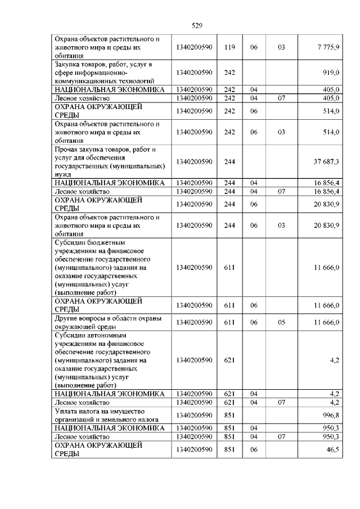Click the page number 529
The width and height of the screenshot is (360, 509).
196,25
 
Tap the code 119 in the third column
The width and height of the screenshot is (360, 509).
229,48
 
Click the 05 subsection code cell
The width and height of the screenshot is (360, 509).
281,322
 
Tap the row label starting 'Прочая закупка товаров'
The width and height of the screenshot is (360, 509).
110,161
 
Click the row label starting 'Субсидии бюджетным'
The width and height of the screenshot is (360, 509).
104,268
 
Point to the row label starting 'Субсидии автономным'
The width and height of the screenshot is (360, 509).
104,360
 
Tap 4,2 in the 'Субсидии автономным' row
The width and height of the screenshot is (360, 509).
334,360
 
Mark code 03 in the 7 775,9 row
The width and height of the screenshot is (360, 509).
281,48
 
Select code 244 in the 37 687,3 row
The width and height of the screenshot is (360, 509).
229,161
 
